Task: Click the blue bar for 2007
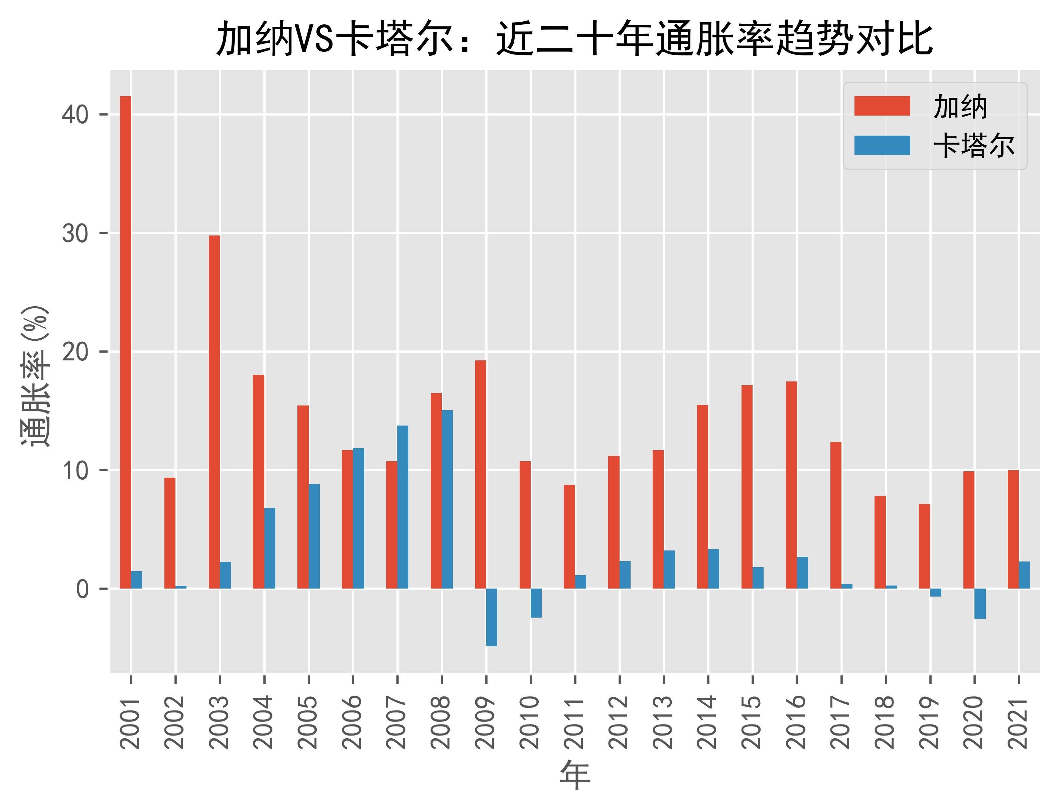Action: tap(403, 507)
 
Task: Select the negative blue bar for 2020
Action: tap(980, 604)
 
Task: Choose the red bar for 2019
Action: tap(924, 546)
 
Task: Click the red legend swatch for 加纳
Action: tap(882, 106)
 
